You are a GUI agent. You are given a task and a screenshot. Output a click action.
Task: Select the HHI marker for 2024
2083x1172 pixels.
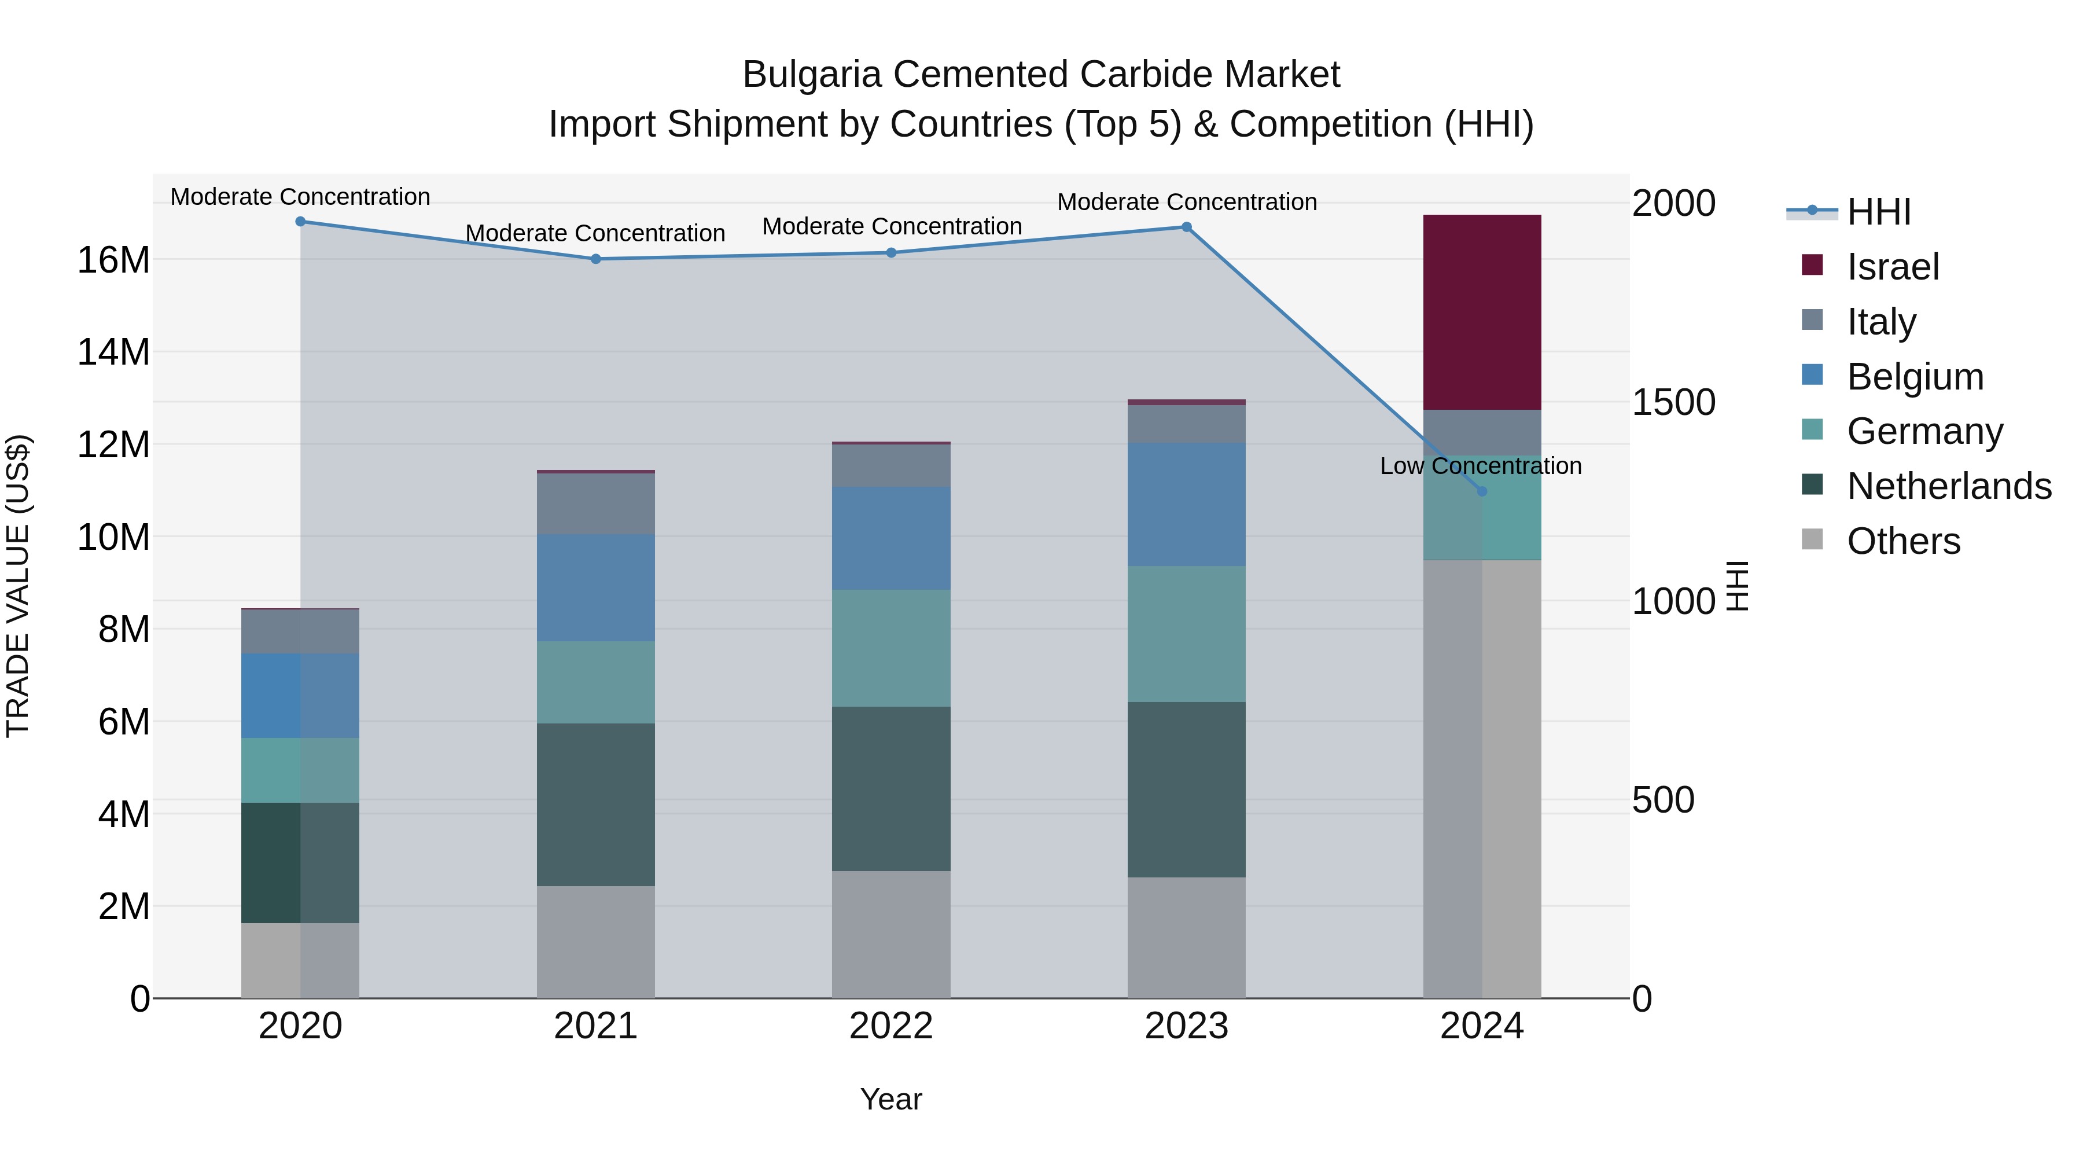pos(1481,491)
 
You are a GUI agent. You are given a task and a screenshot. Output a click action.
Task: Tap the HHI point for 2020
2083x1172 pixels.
pos(300,222)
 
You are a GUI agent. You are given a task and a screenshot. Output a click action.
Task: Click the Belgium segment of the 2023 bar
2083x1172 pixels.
pos(1186,504)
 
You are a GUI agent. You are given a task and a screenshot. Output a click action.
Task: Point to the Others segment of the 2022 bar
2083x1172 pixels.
pos(891,934)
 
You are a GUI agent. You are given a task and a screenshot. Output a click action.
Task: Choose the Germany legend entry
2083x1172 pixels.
pos(1924,431)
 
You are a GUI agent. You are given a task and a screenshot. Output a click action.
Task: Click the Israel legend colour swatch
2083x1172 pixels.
pos(1812,265)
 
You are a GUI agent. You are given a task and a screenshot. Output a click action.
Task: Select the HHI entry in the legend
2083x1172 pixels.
pos(1878,212)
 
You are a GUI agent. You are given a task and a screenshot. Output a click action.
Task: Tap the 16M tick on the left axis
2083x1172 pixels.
pos(113,260)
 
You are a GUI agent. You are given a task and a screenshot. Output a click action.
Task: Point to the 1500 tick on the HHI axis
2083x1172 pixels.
pos(1673,402)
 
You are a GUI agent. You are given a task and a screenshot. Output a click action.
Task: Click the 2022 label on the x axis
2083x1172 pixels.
pos(891,1026)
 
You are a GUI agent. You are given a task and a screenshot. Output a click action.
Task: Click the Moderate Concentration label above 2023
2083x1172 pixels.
pos(1186,202)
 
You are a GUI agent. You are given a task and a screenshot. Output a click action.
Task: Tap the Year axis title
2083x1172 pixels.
pos(890,1099)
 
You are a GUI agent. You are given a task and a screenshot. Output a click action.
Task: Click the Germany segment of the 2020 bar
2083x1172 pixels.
pos(300,770)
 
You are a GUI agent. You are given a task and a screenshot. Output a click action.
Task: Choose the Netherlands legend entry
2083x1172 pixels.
pos(1949,486)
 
